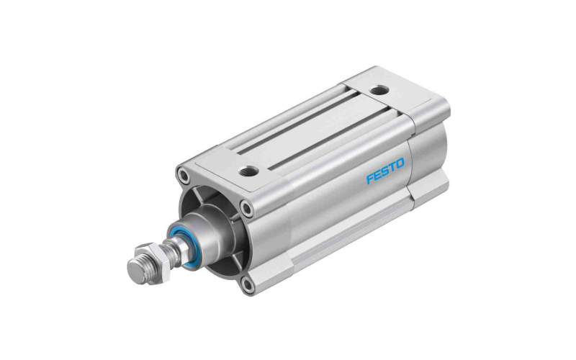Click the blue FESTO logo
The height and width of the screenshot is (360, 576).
coord(385,171)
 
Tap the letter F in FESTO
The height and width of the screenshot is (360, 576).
coord(370,179)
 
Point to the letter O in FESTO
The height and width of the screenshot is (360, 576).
coord(400,163)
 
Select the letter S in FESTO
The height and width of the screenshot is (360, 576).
coord(385,171)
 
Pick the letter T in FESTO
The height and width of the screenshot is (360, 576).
coord(392,167)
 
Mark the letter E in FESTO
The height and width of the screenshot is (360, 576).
coord(377,174)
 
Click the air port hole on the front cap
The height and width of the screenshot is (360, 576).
coord(244,171)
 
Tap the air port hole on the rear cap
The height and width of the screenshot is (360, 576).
coord(377,89)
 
